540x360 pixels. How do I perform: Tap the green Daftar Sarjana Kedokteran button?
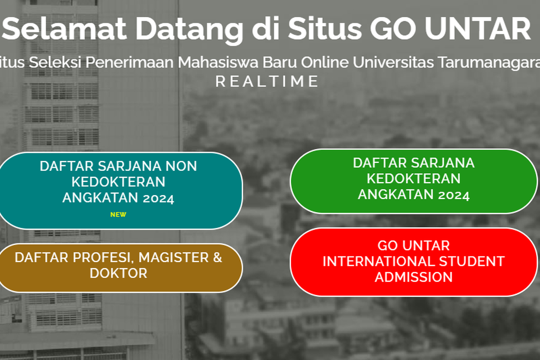click(414, 180)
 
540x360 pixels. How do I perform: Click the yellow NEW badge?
click(118, 215)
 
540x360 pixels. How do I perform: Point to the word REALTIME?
click(267, 81)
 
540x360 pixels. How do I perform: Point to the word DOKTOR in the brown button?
click(118, 273)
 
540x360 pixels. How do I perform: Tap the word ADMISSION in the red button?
click(414, 277)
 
